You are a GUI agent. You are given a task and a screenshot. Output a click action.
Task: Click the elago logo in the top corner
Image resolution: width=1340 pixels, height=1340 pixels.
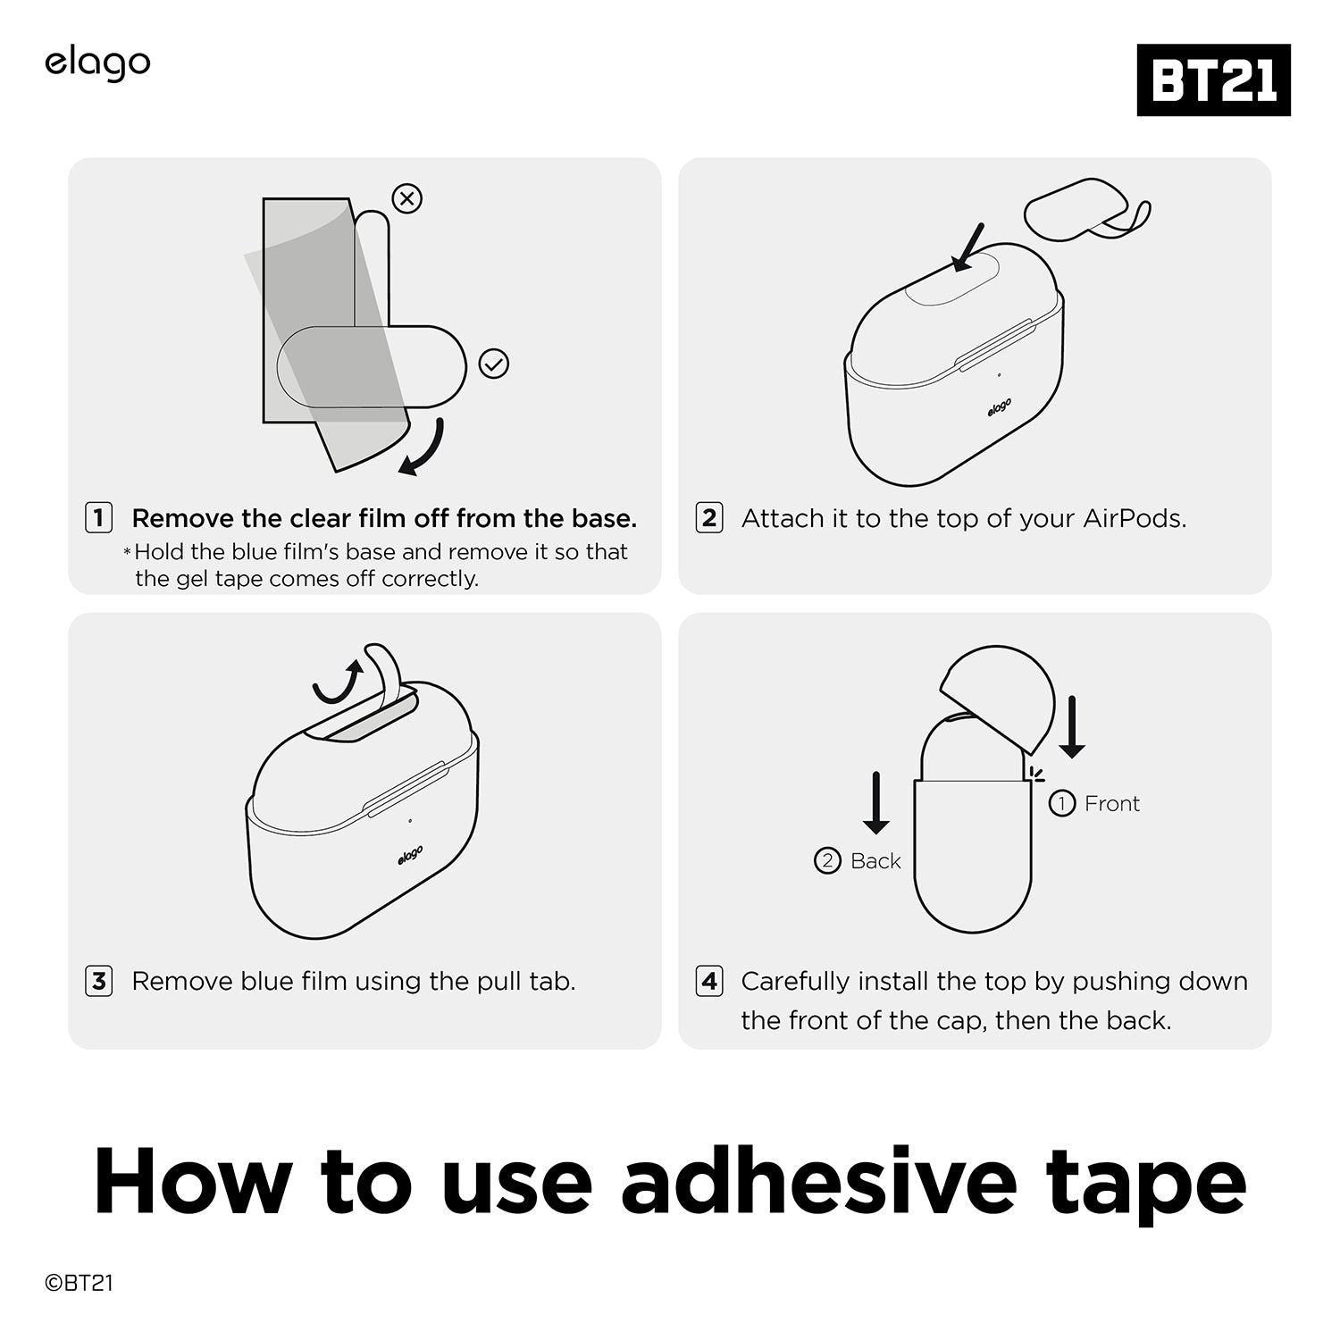[97, 64]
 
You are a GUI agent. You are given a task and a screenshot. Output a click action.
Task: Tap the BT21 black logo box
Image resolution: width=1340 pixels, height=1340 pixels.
[1213, 80]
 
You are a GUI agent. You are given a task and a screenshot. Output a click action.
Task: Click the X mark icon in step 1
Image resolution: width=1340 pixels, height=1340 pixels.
[407, 198]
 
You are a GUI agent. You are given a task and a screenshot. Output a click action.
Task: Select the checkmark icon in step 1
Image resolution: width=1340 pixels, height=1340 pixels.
[494, 364]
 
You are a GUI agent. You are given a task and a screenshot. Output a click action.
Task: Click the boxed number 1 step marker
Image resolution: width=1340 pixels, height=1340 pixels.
[98, 517]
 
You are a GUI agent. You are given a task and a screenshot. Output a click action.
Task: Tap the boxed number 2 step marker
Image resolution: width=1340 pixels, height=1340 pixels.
[709, 517]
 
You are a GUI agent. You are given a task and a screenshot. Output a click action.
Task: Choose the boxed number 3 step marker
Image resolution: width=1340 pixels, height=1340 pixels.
[98, 981]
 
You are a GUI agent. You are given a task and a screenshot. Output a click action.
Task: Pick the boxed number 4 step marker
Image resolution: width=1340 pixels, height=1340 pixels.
[709, 981]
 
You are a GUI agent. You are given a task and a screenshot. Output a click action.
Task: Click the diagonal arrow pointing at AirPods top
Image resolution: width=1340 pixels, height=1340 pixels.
[967, 247]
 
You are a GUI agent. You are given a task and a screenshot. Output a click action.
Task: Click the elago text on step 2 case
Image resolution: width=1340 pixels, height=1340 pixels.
[1000, 407]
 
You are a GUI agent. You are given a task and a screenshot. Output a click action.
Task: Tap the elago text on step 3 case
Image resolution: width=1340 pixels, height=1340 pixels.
[410, 855]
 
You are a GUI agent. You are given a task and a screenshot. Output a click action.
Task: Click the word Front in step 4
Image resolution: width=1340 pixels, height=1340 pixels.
[1111, 803]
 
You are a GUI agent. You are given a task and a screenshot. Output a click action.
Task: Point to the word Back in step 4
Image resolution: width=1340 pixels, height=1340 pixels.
[875, 860]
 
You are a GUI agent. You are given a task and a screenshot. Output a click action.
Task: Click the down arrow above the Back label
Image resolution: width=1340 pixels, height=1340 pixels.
[875, 802]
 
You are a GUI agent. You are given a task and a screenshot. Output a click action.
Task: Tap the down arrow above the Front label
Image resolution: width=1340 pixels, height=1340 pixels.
[1072, 727]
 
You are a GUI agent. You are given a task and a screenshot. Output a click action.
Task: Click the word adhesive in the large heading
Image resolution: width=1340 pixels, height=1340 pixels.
[819, 1181]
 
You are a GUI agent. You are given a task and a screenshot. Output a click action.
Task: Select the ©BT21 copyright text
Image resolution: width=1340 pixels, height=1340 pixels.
[79, 1283]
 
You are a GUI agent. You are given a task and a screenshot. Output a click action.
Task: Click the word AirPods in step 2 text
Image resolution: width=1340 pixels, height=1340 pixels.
[1135, 518]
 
